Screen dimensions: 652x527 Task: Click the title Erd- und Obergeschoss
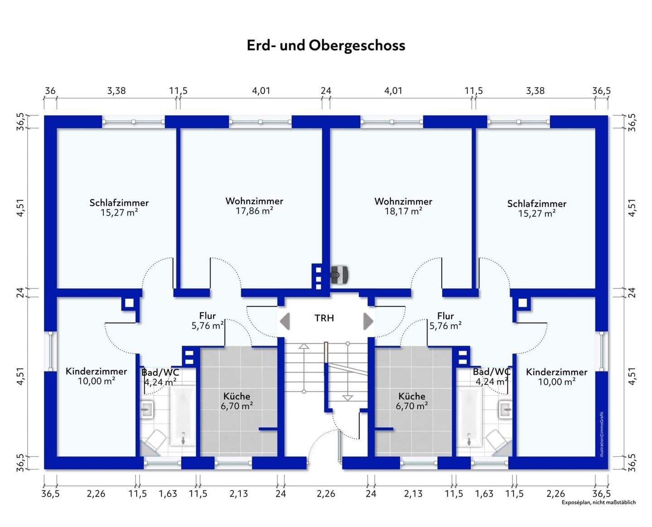click(326, 45)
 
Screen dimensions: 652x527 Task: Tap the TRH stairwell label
click(324, 318)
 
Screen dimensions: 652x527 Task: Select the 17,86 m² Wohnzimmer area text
click(254, 211)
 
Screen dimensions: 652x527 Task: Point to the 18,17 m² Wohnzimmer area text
click(403, 211)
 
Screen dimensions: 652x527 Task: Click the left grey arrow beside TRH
click(285, 321)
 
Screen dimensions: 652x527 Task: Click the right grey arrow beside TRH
click(369, 321)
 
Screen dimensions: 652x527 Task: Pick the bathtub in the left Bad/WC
click(183, 416)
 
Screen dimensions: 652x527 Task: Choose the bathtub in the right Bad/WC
click(469, 416)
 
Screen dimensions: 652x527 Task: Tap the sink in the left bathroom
click(147, 409)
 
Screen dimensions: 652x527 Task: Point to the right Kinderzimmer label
click(556, 372)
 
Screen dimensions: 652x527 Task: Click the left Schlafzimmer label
click(119, 202)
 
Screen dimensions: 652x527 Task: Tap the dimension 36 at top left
click(50, 91)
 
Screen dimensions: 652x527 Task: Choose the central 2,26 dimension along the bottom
click(326, 493)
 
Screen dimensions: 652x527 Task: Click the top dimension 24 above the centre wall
click(326, 91)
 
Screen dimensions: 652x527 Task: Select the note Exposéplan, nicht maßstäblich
click(599, 502)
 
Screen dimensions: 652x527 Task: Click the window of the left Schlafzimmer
click(134, 122)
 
